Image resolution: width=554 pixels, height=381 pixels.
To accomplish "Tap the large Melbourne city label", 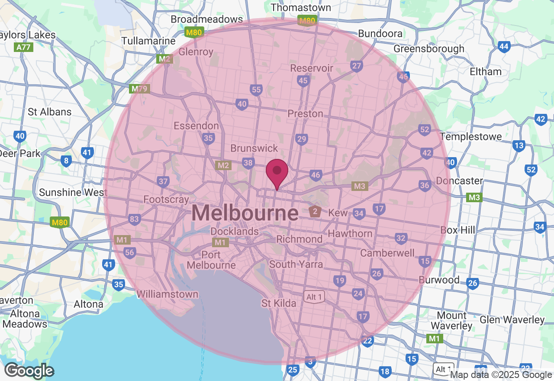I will (x=245, y=213).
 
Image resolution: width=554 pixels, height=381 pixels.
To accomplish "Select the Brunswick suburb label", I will (x=254, y=148).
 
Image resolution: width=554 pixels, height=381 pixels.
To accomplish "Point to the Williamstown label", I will (x=167, y=294).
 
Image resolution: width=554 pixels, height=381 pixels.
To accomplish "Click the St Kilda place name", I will (x=279, y=303).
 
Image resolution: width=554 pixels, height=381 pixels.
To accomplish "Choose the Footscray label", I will (x=166, y=200).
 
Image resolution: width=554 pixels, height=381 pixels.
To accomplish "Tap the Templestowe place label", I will (x=471, y=136).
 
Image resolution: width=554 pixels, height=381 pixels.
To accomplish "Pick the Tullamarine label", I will (x=148, y=41).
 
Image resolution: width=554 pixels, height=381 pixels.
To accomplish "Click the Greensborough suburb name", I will (x=428, y=49).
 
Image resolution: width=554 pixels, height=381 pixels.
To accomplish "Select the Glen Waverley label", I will (x=512, y=320).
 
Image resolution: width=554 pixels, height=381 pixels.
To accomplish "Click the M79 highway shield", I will (x=139, y=89).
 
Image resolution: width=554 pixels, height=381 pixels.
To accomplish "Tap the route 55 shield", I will (x=256, y=90).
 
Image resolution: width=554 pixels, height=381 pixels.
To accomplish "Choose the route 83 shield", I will (x=134, y=219).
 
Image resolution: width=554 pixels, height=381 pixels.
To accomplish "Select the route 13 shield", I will (x=519, y=145).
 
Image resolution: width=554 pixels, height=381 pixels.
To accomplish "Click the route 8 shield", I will (x=66, y=161).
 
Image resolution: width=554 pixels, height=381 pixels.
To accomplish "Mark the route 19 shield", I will (x=340, y=281).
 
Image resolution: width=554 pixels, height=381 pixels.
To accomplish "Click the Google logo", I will (x=29, y=371).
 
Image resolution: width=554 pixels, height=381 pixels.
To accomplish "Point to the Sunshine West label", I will (x=73, y=192).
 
